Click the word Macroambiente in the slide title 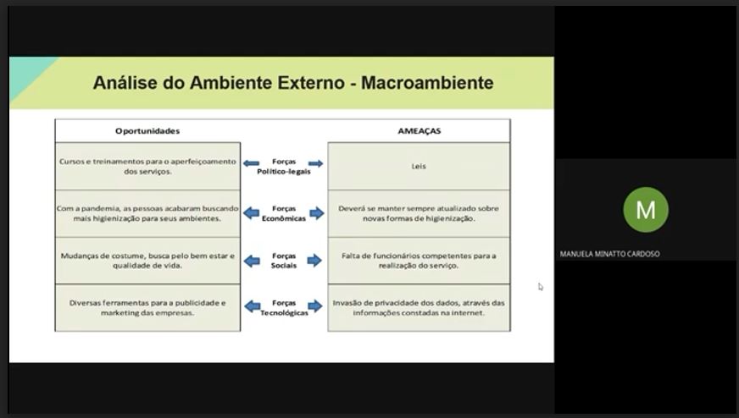tap(427, 83)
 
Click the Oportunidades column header tap(147, 131)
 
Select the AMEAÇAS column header tap(419, 131)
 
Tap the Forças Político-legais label tap(284, 167)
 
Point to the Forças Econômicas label tap(284, 213)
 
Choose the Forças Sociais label tap(284, 261)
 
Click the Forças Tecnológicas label tap(284, 307)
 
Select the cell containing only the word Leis tap(419, 166)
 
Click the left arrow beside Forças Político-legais tap(251, 163)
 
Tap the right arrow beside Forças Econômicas tap(317, 213)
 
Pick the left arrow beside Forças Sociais tap(252, 261)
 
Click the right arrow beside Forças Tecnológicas tap(314, 306)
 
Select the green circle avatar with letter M tap(646, 210)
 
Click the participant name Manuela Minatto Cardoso tap(609, 254)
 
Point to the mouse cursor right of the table tap(540, 286)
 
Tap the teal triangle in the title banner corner tap(29, 75)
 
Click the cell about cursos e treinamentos tap(147, 166)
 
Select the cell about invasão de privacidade tap(419, 307)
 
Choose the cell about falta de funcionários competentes tap(419, 261)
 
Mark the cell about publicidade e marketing tap(147, 307)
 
